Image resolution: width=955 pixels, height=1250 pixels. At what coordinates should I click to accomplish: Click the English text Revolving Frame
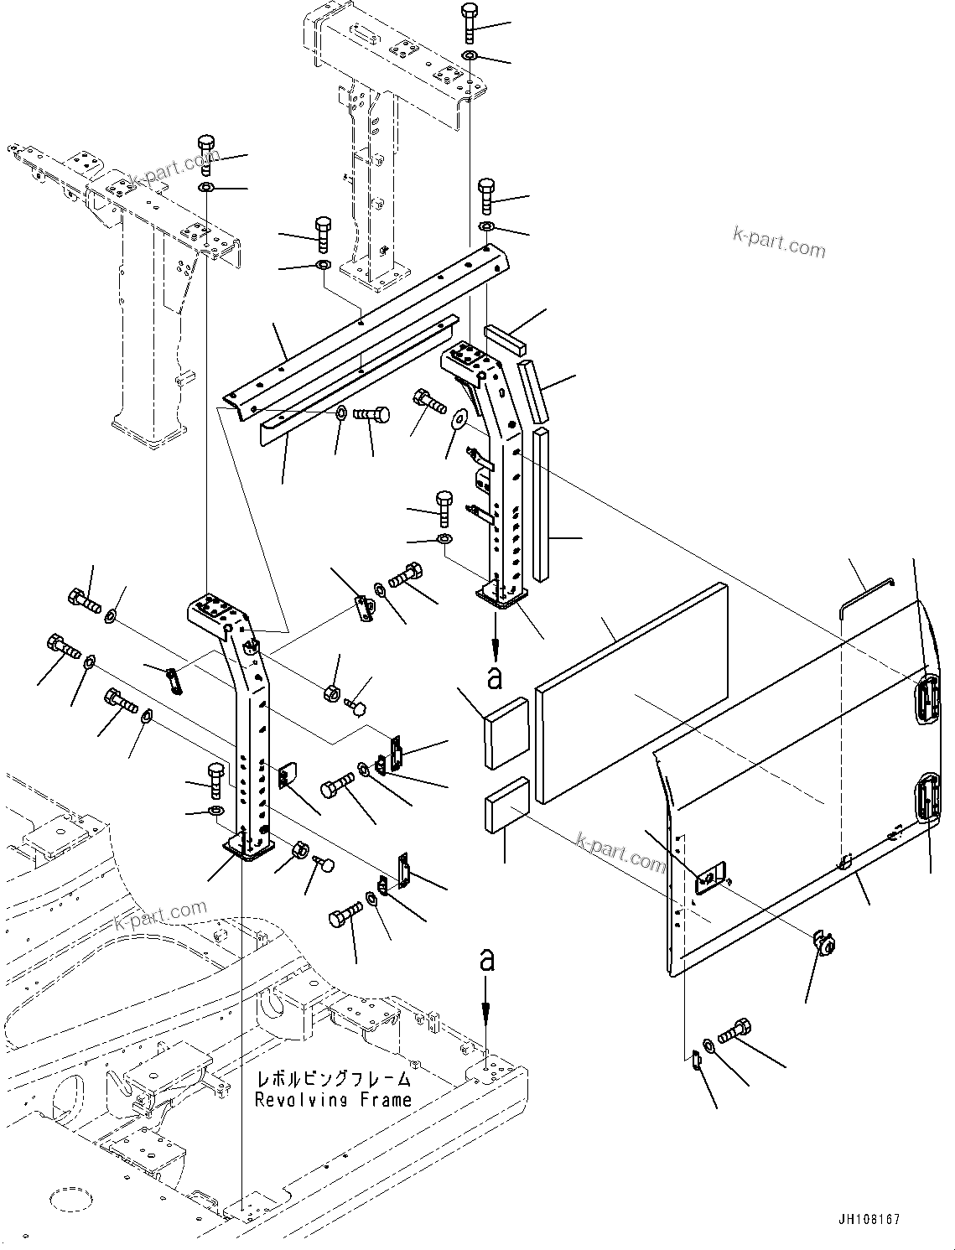click(x=333, y=1100)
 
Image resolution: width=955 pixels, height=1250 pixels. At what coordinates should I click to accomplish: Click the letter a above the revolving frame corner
click(x=486, y=961)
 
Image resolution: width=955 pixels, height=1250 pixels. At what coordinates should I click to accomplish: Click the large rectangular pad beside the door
click(x=631, y=692)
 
